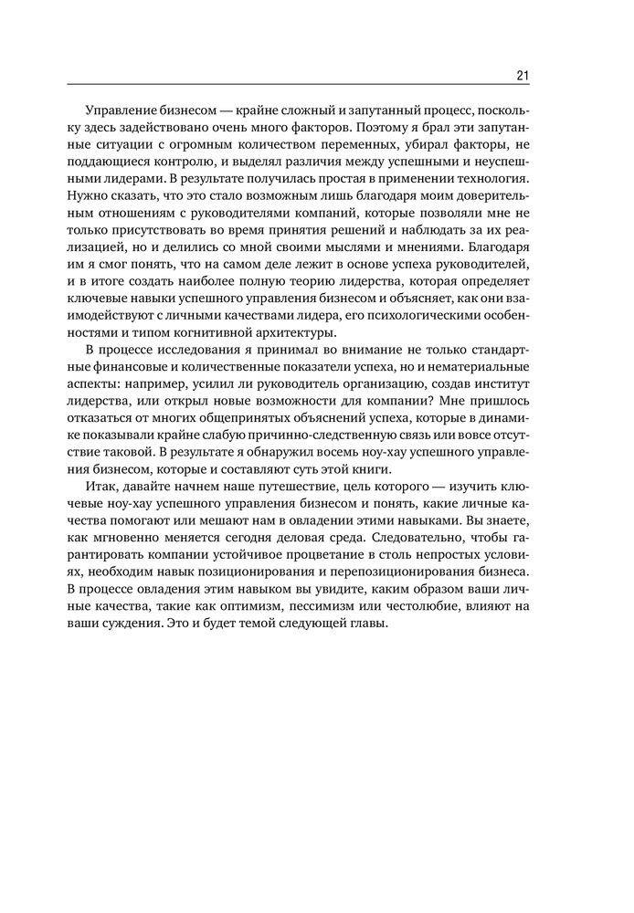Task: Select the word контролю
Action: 186,163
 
